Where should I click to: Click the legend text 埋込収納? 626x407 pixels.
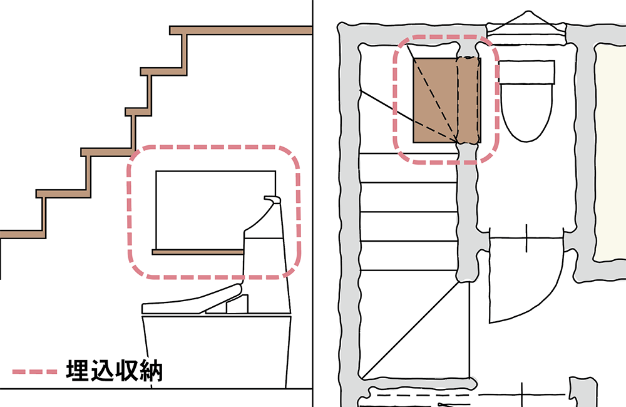point(115,371)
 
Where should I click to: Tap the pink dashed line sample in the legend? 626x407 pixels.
point(34,371)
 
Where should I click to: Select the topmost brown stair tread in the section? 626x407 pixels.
point(241,30)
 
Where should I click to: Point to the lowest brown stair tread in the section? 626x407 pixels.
point(23,234)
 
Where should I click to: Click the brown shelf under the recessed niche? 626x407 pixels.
point(198,252)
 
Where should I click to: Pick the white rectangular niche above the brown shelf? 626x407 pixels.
point(215,210)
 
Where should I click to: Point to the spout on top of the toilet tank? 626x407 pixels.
point(272,199)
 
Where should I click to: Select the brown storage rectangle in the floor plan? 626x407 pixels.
point(447,100)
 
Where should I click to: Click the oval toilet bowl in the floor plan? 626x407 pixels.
point(526,112)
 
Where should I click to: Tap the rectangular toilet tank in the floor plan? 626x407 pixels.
point(526,72)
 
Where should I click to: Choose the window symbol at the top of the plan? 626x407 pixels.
point(527,28)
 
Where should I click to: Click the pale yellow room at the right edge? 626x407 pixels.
point(610,152)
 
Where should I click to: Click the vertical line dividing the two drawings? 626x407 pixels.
point(312,203)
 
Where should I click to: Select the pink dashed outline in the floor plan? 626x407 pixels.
point(446,100)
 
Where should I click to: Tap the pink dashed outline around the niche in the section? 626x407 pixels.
point(213,212)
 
